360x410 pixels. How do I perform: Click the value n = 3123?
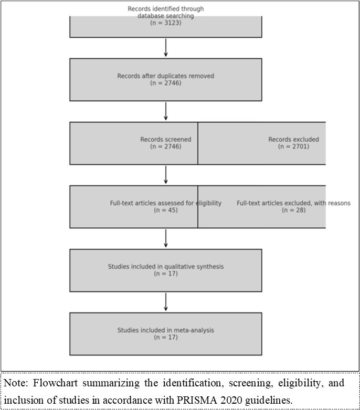tap(165, 23)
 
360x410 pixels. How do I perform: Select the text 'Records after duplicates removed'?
tap(165, 76)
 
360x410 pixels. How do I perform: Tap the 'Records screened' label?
tap(165, 140)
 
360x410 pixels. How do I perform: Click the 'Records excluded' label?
tap(293, 140)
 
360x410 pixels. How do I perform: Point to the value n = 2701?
tap(293, 146)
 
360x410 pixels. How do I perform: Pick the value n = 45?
tap(165, 210)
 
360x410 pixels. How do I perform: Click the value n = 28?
tap(293, 210)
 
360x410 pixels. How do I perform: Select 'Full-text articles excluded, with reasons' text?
tap(293, 203)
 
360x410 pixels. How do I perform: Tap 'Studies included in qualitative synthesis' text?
tap(165, 267)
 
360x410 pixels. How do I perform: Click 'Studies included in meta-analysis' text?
tap(165, 330)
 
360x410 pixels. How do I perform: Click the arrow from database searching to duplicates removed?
tap(166, 47)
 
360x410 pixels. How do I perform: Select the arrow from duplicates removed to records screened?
tap(166, 111)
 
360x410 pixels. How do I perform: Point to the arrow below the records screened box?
tap(166, 175)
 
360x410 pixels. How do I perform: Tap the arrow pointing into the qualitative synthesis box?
tap(166, 238)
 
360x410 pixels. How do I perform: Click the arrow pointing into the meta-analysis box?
tap(166, 302)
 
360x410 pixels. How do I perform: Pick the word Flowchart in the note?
tap(50, 383)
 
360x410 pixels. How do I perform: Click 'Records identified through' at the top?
tap(165, 9)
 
